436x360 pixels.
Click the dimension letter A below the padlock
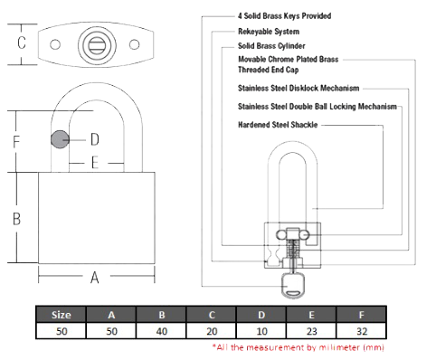point(95,278)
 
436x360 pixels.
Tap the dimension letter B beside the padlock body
point(17,219)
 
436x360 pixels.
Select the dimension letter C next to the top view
point(22,43)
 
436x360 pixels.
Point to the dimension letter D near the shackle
point(95,139)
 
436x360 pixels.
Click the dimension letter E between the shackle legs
point(95,163)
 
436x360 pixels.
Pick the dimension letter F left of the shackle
point(16,141)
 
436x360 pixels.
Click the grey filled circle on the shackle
point(60,139)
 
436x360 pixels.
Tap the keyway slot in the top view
point(97,45)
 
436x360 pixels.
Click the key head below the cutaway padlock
point(291,285)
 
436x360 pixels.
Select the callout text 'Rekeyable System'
point(269,32)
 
